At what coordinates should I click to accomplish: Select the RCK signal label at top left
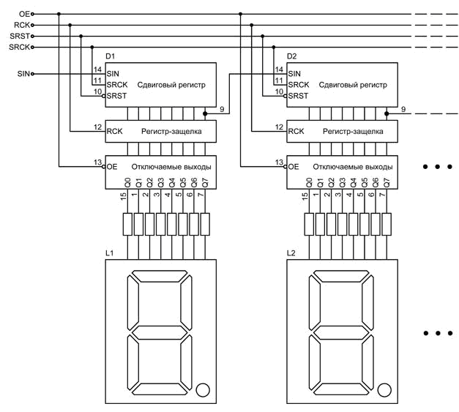click(x=20, y=24)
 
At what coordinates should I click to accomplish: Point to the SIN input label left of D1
click(x=23, y=73)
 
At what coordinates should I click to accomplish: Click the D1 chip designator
click(x=111, y=56)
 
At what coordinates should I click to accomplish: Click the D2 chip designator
click(x=292, y=56)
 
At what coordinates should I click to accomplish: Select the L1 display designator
click(x=110, y=253)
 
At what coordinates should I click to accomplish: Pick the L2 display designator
click(x=291, y=253)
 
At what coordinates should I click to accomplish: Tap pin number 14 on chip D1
click(x=97, y=70)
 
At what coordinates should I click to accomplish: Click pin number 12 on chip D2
click(x=278, y=127)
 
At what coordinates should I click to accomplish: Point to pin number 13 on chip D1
click(x=97, y=162)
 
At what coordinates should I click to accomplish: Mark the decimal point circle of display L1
click(x=203, y=389)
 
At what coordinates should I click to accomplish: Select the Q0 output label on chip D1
click(x=127, y=183)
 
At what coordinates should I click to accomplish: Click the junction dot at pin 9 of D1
click(x=204, y=113)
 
